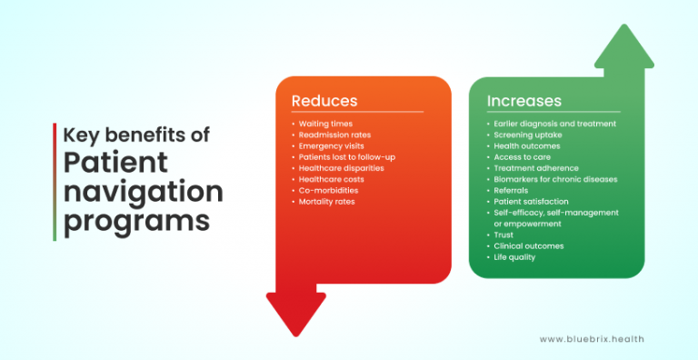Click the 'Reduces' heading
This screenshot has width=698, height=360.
[x=324, y=101]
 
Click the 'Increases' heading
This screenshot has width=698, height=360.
[x=524, y=101]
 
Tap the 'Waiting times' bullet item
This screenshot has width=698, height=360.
[x=326, y=124]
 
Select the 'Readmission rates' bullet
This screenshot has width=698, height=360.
[x=334, y=135]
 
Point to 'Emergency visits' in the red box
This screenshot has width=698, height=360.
[x=332, y=145]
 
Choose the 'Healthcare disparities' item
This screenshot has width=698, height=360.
[x=342, y=168]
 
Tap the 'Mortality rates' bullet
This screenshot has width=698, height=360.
[x=328, y=201]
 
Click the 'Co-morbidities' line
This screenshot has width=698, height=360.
[x=329, y=190]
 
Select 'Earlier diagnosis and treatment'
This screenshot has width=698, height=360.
[x=555, y=124]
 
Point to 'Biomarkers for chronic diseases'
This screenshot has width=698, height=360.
[x=555, y=179]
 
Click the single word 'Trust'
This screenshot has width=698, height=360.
[x=504, y=235]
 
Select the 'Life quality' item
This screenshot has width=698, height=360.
[x=514, y=257]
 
